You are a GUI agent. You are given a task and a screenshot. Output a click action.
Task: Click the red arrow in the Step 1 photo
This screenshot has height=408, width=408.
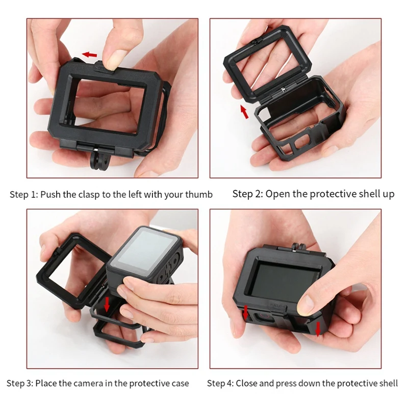tap(90, 54)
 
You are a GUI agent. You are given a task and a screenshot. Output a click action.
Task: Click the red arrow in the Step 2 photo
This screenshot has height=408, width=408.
tap(244, 111)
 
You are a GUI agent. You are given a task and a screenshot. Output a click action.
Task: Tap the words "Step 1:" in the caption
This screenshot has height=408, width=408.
tap(23, 194)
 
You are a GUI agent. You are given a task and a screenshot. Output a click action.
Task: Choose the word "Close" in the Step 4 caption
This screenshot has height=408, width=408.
tap(249, 383)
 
